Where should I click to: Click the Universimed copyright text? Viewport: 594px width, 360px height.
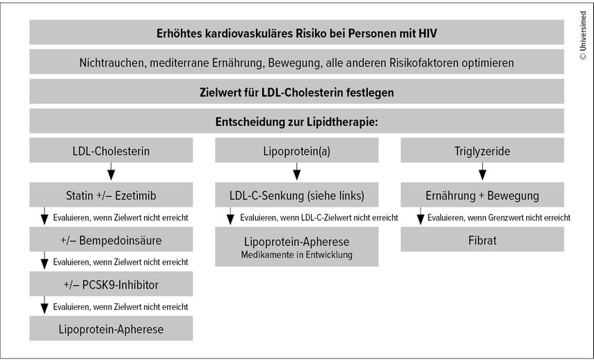tap(583, 35)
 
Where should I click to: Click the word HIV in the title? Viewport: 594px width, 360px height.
tap(428, 33)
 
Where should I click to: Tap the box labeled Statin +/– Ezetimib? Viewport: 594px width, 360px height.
tap(111, 195)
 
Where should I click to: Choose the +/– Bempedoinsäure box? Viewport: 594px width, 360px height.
tap(111, 240)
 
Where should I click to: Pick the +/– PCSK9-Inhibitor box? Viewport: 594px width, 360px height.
tap(111, 284)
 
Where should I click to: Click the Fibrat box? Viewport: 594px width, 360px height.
tap(482, 240)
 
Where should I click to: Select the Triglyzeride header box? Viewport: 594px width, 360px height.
tap(482, 150)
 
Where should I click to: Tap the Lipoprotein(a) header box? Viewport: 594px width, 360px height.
tap(296, 150)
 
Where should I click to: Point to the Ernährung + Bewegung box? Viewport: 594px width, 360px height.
tap(482, 195)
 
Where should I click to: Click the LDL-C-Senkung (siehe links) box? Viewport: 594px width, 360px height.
tap(296, 195)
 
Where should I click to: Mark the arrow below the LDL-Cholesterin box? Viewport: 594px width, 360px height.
tap(111, 172)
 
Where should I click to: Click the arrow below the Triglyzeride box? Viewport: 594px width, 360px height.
tap(482, 172)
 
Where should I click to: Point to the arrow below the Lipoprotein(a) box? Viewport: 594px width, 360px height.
tap(296, 172)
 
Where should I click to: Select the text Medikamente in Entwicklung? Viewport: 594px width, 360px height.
tap(296, 255)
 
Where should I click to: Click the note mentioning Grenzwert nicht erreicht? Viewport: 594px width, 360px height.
tap(499, 218)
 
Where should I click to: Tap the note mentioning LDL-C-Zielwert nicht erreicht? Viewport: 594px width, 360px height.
tap(319, 218)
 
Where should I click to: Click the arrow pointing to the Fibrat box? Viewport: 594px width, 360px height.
tap(420, 215)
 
